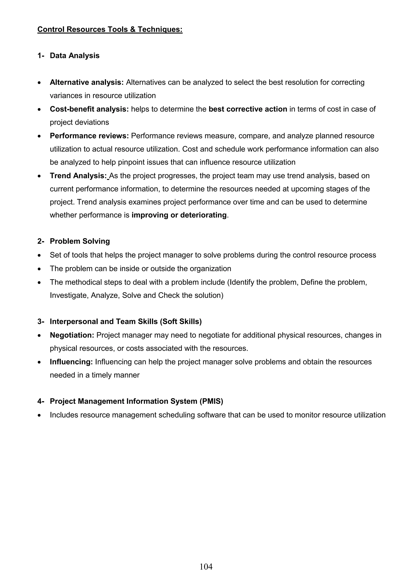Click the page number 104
[206, 566]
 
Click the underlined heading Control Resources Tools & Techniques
[110, 29]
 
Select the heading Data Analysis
[75, 55]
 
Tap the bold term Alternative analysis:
[87, 82]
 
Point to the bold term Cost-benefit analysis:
[89, 109]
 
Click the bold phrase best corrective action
[248, 109]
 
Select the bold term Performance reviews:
[89, 136]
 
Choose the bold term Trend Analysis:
[78, 176]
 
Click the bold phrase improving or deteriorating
[179, 215]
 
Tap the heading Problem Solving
[80, 241]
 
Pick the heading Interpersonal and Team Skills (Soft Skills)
[126, 321]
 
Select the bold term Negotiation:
[72, 335]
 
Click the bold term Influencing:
[71, 362]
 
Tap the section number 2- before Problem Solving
[41, 241]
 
